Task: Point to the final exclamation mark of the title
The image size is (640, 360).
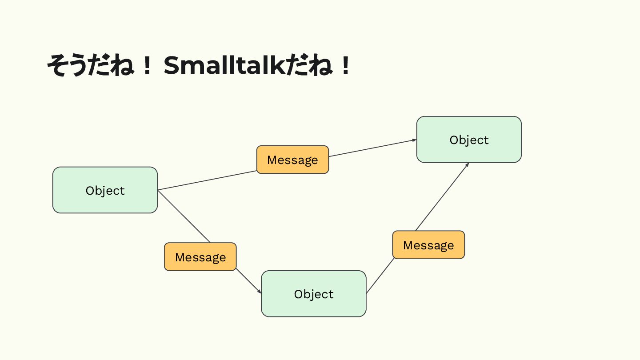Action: [x=345, y=67]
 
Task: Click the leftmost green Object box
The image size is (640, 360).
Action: [x=105, y=190]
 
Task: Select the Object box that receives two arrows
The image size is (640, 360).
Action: [x=469, y=140]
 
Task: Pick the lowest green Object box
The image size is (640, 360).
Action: [x=313, y=294]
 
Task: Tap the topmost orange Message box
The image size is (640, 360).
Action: [x=292, y=160]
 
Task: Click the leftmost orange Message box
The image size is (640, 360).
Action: [x=200, y=257]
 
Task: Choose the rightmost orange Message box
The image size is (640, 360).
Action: [x=428, y=245]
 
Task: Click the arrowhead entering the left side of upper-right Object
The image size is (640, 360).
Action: [x=414, y=140]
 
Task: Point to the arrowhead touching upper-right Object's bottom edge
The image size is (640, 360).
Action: [x=467, y=164]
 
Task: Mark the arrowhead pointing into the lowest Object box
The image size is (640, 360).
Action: [x=260, y=292]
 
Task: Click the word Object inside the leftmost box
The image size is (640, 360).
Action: [x=105, y=191]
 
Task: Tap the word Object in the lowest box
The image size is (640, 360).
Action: [x=313, y=294]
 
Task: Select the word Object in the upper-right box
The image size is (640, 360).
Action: [x=469, y=140]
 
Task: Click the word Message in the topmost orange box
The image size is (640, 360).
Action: [x=292, y=160]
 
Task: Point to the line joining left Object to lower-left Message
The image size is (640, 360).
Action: [x=184, y=216]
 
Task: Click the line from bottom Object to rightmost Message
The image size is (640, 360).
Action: [x=380, y=276]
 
